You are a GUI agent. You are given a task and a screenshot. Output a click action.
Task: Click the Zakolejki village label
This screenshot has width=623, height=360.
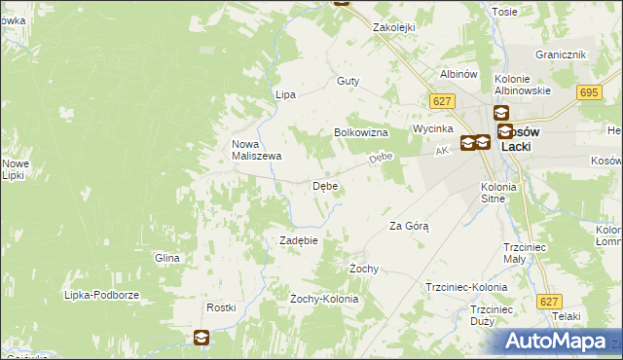coord(395,28)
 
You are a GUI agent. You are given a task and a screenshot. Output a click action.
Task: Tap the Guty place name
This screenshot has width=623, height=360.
coord(348,82)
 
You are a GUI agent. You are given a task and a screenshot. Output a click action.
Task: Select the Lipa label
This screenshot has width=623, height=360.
coord(285,94)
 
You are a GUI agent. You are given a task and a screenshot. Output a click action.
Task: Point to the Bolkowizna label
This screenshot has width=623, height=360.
coord(362,132)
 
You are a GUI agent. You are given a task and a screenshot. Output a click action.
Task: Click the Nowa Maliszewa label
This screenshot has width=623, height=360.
coord(256,150)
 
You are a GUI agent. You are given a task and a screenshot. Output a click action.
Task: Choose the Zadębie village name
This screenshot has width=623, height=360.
coord(300,240)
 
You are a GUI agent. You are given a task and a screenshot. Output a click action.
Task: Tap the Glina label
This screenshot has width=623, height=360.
coord(167,258)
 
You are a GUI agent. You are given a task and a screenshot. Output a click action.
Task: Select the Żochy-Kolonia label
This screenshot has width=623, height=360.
coord(324,299)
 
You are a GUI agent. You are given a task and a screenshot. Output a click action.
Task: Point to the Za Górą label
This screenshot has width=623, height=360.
coord(409,226)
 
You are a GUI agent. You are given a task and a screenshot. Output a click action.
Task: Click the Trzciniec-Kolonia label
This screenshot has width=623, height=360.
coord(466,288)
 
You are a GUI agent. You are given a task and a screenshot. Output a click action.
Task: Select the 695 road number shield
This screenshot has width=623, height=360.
coord(587,91)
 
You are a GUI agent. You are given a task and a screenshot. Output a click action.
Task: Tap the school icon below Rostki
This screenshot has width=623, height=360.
coord(201,338)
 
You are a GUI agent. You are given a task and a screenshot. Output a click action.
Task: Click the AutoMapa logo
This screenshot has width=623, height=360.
coord(558,342)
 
